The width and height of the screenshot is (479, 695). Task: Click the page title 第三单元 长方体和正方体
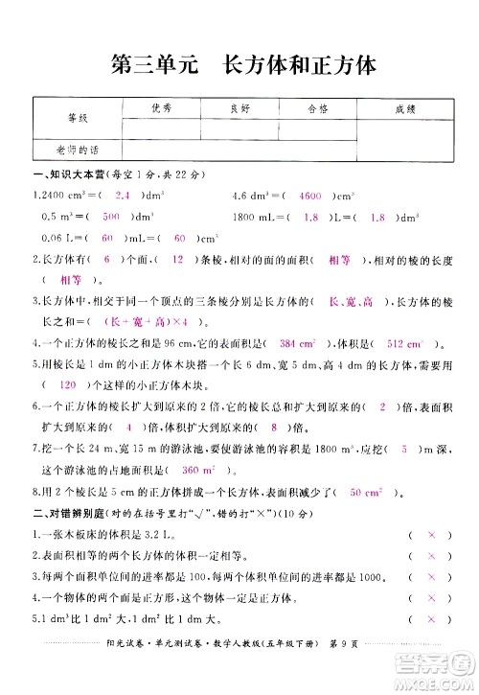click(239, 65)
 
